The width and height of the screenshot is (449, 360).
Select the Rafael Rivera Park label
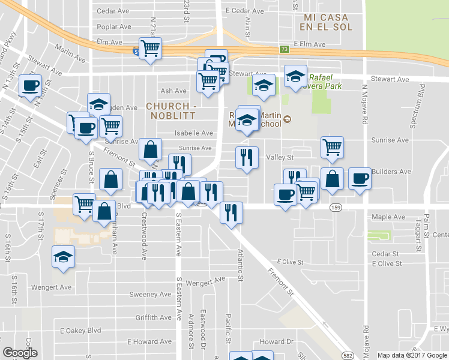(x=325, y=82)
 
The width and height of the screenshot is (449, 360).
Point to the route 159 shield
(x=336, y=206)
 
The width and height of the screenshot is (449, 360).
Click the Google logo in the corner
(x=20, y=352)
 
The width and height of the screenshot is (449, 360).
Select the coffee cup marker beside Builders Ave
(x=360, y=179)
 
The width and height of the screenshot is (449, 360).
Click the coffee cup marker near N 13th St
(x=29, y=85)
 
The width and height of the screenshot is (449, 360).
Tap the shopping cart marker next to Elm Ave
(x=150, y=48)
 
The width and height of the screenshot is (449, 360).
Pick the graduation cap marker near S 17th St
(x=63, y=257)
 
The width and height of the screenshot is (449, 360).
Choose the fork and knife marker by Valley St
(x=247, y=157)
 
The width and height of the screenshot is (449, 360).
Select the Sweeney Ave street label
(x=151, y=295)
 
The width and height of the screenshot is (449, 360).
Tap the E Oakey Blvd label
(x=80, y=330)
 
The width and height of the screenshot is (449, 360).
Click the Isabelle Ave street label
(x=194, y=133)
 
